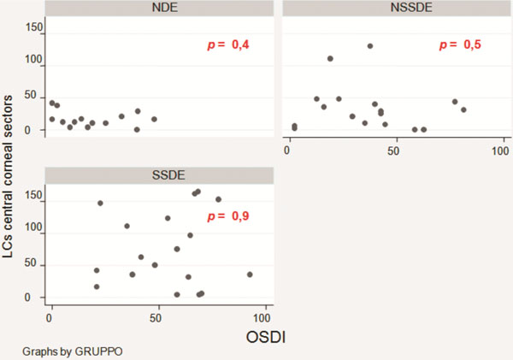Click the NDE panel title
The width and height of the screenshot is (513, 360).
pos(160,8)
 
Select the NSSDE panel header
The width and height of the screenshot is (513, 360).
pos(396,8)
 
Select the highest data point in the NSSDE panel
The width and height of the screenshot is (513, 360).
pos(370,46)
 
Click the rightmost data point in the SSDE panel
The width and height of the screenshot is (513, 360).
pos(250,274)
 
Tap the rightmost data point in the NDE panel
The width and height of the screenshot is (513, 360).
pos(154,119)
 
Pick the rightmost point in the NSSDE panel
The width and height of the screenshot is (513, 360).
pos(463,109)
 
